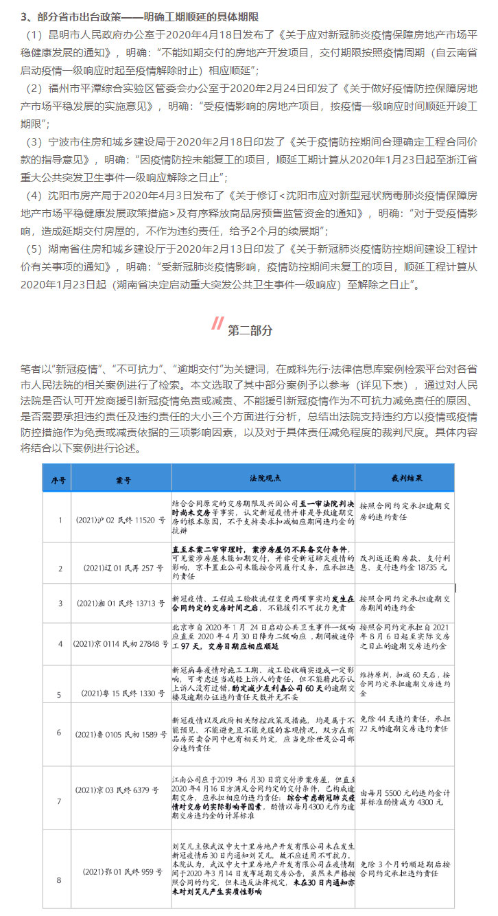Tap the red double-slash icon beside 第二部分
pos(217,323)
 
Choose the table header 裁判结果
pos(403,477)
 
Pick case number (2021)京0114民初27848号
pos(120,644)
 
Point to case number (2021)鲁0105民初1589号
pos(120,733)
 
